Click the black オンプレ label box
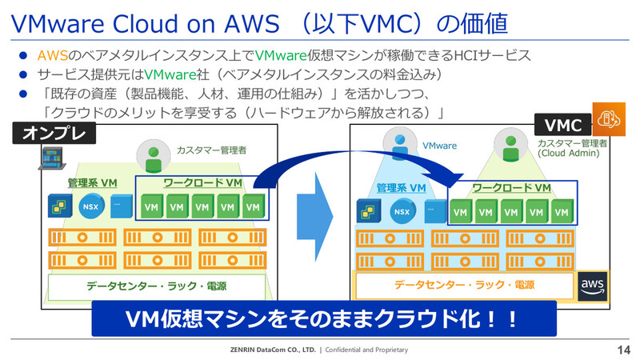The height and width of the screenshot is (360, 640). pos(54,133)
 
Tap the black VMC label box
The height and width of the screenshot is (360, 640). pos(563,125)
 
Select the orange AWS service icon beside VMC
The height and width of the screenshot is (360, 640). pos(609,119)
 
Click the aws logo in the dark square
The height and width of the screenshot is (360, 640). pos(592,286)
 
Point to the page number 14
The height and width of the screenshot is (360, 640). pos(624,350)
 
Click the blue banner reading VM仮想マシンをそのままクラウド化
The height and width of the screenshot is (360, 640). pos(324,318)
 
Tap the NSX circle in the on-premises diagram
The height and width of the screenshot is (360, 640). pos(90,206)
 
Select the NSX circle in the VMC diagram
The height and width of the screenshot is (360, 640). pos(402,211)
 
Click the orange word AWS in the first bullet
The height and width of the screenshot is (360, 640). pos(53,55)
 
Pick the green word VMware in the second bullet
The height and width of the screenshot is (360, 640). pos(170,74)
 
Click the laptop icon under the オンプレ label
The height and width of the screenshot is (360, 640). pos(52,158)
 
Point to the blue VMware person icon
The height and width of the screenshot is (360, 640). pos(399,146)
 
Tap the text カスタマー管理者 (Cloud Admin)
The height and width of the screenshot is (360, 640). pos(572,148)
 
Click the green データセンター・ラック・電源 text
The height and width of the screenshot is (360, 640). pos(156,286)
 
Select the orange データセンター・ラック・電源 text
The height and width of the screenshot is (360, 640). pos(465,285)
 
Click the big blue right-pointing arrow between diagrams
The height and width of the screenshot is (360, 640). pos(315,216)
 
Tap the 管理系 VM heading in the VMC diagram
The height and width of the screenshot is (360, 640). pos(401,188)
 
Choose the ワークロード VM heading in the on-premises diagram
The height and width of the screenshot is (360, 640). pos(203,182)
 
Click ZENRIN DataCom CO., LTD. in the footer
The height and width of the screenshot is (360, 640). pos(273,350)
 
